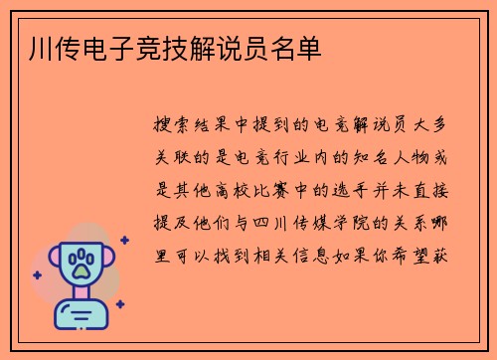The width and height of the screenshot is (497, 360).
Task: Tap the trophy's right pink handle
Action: click(106, 261)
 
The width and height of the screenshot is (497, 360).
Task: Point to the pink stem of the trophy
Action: click(83, 293)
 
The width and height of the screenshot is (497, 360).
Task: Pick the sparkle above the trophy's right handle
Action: click(123, 240)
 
